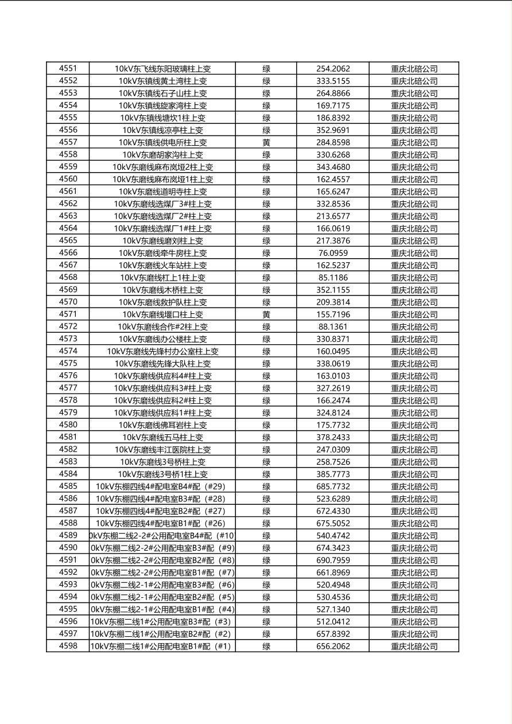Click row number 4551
coord(68,68)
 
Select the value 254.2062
coord(333,69)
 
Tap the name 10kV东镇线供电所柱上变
coord(162,142)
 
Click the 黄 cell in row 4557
coord(266,142)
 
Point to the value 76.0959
coord(333,253)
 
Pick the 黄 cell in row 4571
coord(266,314)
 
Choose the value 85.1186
coord(333,278)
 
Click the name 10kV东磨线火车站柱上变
coord(162,265)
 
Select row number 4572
coord(68,326)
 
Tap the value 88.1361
coord(333,327)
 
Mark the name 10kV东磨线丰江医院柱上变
coord(162,450)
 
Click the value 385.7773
coord(333,474)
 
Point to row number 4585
coord(68,486)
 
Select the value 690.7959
coord(333,560)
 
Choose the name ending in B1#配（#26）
coord(162,523)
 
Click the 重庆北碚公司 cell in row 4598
coord(414,647)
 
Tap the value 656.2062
coord(333,647)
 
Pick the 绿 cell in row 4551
coord(266,69)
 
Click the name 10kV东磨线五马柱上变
coord(162,437)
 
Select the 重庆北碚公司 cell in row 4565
coord(414,241)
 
